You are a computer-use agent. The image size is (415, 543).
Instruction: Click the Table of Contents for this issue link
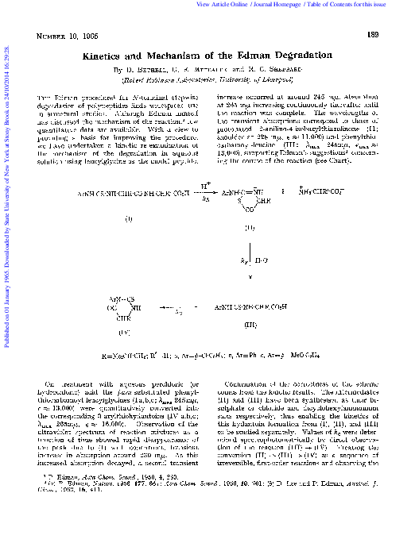(x=367, y=4)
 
